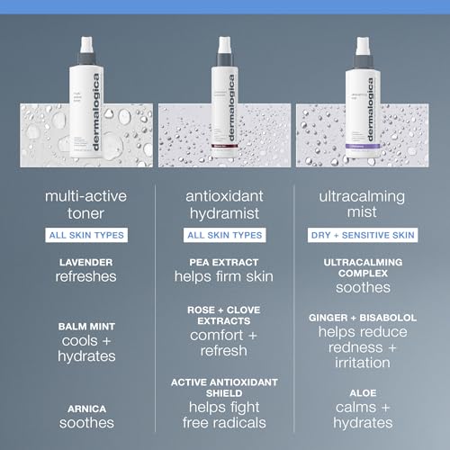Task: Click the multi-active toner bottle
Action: (87, 103)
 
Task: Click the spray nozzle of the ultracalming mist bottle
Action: (362, 45)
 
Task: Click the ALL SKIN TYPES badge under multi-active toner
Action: (87, 235)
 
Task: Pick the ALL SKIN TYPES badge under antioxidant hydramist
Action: (224, 235)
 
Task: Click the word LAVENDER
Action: (87, 262)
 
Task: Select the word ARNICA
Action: (87, 408)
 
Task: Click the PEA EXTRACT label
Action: (224, 262)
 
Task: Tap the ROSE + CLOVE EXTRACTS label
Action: (224, 315)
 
